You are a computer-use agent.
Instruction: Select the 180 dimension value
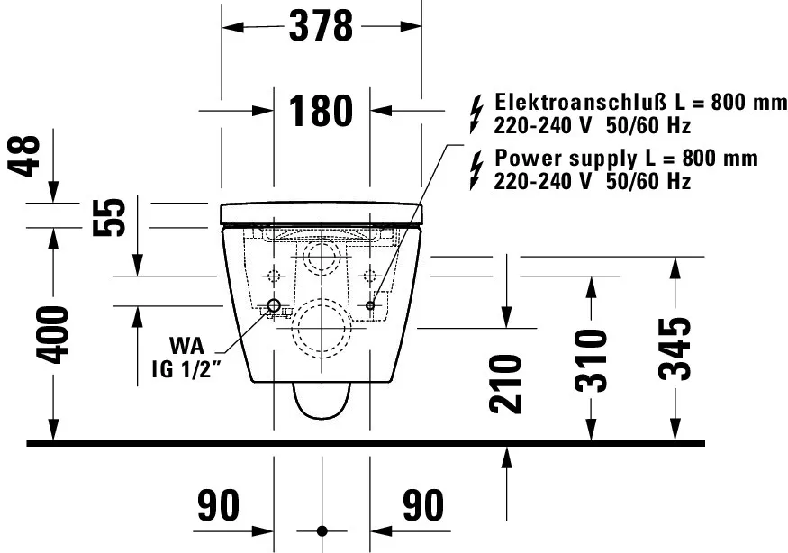coord(322,111)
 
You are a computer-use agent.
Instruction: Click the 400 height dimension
coord(54,334)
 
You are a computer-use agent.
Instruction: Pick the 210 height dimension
coord(509,384)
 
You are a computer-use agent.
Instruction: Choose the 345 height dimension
coord(675,349)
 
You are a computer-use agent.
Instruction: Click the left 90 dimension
coord(219,506)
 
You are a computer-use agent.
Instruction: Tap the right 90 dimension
coord(423,506)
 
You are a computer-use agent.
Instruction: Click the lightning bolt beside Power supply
coord(476,168)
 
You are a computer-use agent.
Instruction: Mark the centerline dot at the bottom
coord(322,530)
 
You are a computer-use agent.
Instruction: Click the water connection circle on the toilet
coord(274,305)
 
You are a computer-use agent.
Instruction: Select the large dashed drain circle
coord(322,329)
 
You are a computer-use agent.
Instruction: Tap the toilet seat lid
coord(322,213)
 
